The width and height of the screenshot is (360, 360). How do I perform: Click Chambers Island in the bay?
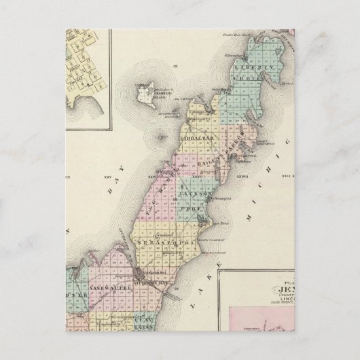click(x=145, y=92)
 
